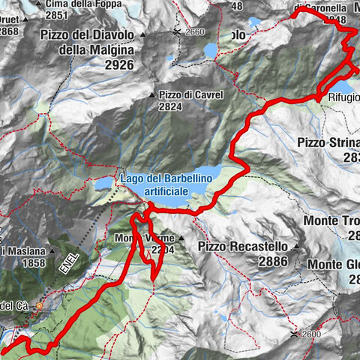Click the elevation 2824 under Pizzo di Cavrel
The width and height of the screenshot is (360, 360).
point(172,107)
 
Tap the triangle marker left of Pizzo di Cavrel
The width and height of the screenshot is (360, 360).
point(152,95)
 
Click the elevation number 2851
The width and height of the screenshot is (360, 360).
point(56,15)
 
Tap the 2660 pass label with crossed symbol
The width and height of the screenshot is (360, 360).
point(192,32)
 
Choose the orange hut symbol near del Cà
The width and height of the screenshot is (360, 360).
point(41,307)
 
